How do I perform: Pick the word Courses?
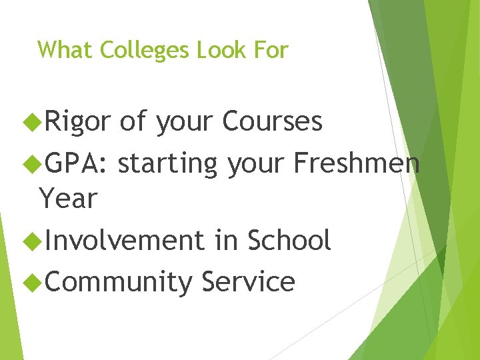pos(273,122)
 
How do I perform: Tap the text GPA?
pos(75,163)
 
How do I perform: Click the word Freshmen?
pos(357,163)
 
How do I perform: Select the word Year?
pos(69,198)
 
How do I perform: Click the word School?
pos(289,241)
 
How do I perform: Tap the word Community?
pos(118,282)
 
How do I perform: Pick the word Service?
pos(248,282)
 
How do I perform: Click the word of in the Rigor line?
pos(133,122)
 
